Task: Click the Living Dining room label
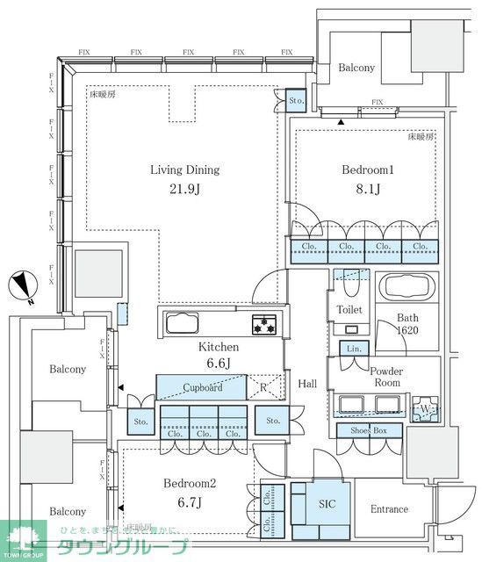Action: (x=184, y=170)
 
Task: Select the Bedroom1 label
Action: (x=365, y=170)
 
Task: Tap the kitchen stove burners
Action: (x=264, y=324)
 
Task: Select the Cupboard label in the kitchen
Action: (x=202, y=387)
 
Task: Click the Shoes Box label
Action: (x=369, y=430)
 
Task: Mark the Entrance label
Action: (x=389, y=509)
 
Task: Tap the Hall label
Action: (x=307, y=384)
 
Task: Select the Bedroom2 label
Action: (x=190, y=484)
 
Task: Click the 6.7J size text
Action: (x=190, y=503)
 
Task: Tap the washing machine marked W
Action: (x=426, y=407)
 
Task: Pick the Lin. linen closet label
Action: (x=354, y=349)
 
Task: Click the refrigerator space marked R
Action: (x=264, y=387)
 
